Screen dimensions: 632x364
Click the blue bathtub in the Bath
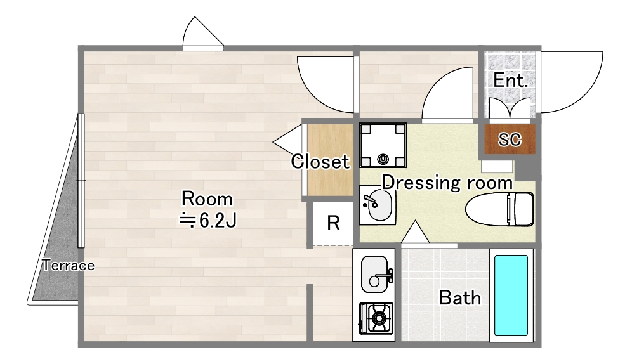pos(511,295)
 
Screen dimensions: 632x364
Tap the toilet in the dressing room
pos(499,209)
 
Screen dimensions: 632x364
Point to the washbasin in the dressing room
pos(378,205)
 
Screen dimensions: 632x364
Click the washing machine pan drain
pos(383,159)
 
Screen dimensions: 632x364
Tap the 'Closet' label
pos(320,162)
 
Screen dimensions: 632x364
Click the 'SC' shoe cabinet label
pos(510,140)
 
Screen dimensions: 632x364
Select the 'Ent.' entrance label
pos(510,80)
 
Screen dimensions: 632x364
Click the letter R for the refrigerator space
pos(333,223)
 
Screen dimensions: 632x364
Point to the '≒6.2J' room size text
pos(207,220)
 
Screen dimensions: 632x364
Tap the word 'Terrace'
pos(69,265)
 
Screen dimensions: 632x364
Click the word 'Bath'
pos(460,298)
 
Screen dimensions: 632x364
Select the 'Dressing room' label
pos(447,183)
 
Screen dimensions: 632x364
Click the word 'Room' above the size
pos(207,199)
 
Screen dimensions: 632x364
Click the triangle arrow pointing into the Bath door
pos(415,232)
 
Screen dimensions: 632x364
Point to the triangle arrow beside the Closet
pos(287,140)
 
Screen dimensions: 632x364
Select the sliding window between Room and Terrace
pos(81,180)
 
